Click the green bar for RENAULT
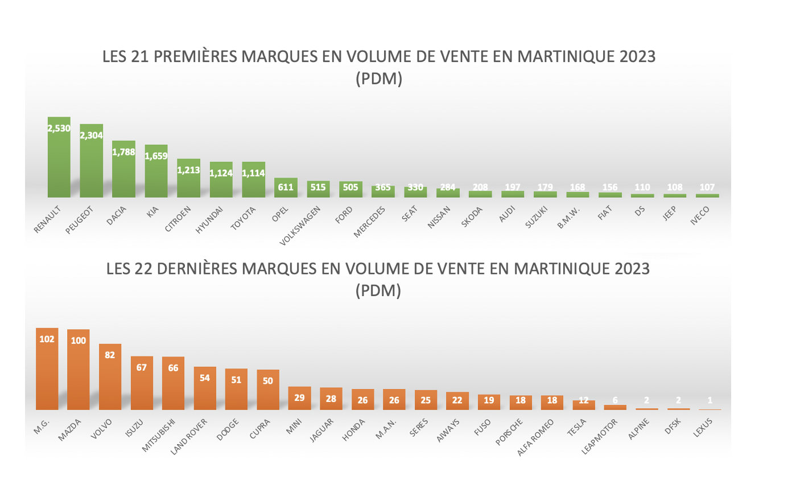pyautogui.click(x=59, y=162)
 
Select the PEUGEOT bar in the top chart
pyautogui.click(x=92, y=165)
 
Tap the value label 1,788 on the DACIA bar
pyautogui.click(x=123, y=152)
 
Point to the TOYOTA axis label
pyautogui.click(x=244, y=219)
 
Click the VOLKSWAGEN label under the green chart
pyautogui.click(x=300, y=226)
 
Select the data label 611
pyautogui.click(x=286, y=187)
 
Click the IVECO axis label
pyautogui.click(x=700, y=216)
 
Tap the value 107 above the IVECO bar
pyautogui.click(x=707, y=187)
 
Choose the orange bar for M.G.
pyautogui.click(x=47, y=373)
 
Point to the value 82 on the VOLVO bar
pyautogui.click(x=110, y=355)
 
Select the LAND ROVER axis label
pyautogui.click(x=189, y=437)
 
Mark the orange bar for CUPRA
pyautogui.click(x=268, y=393)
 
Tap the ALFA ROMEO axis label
pyautogui.click(x=535, y=437)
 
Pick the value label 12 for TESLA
pyautogui.click(x=583, y=400)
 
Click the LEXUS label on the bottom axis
pyautogui.click(x=703, y=428)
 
